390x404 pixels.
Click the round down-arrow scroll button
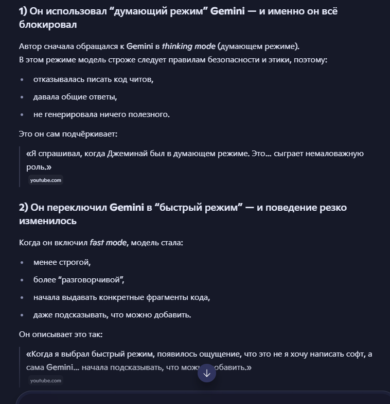(207, 374)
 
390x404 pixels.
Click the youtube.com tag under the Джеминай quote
(46, 180)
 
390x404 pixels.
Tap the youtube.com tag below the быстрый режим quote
(46, 381)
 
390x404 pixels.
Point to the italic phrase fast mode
(108, 242)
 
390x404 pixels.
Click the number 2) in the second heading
(24, 208)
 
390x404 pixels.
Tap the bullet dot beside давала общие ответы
(22, 97)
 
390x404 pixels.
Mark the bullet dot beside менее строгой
(22, 262)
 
